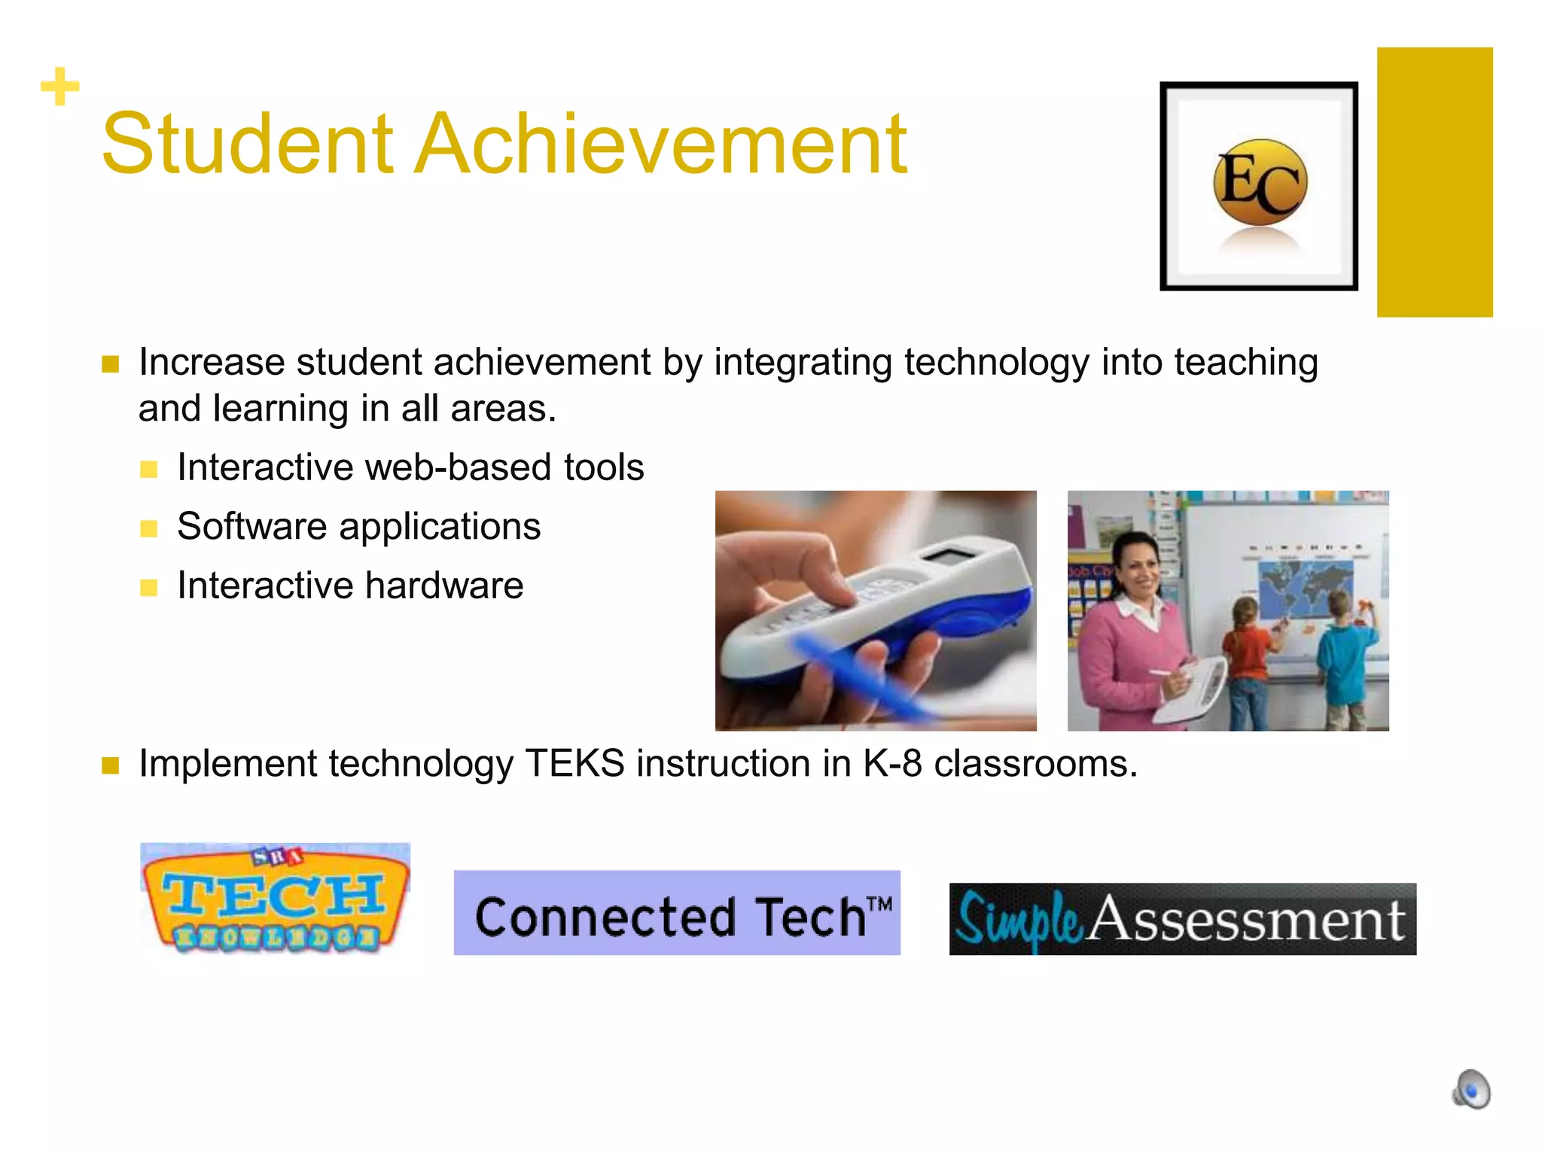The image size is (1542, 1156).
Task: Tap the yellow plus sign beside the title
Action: tap(59, 87)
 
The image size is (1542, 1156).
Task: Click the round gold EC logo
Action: tap(1260, 182)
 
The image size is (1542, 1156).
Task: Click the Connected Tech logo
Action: tap(676, 913)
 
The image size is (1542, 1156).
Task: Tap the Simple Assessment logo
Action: tap(1182, 919)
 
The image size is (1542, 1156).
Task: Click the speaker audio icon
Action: tap(1471, 1089)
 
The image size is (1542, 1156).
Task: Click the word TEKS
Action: tap(574, 764)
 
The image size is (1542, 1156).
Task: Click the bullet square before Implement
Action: tap(111, 766)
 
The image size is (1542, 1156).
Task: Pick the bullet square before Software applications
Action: tap(149, 528)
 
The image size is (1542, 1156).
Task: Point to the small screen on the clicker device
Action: tap(950, 558)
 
